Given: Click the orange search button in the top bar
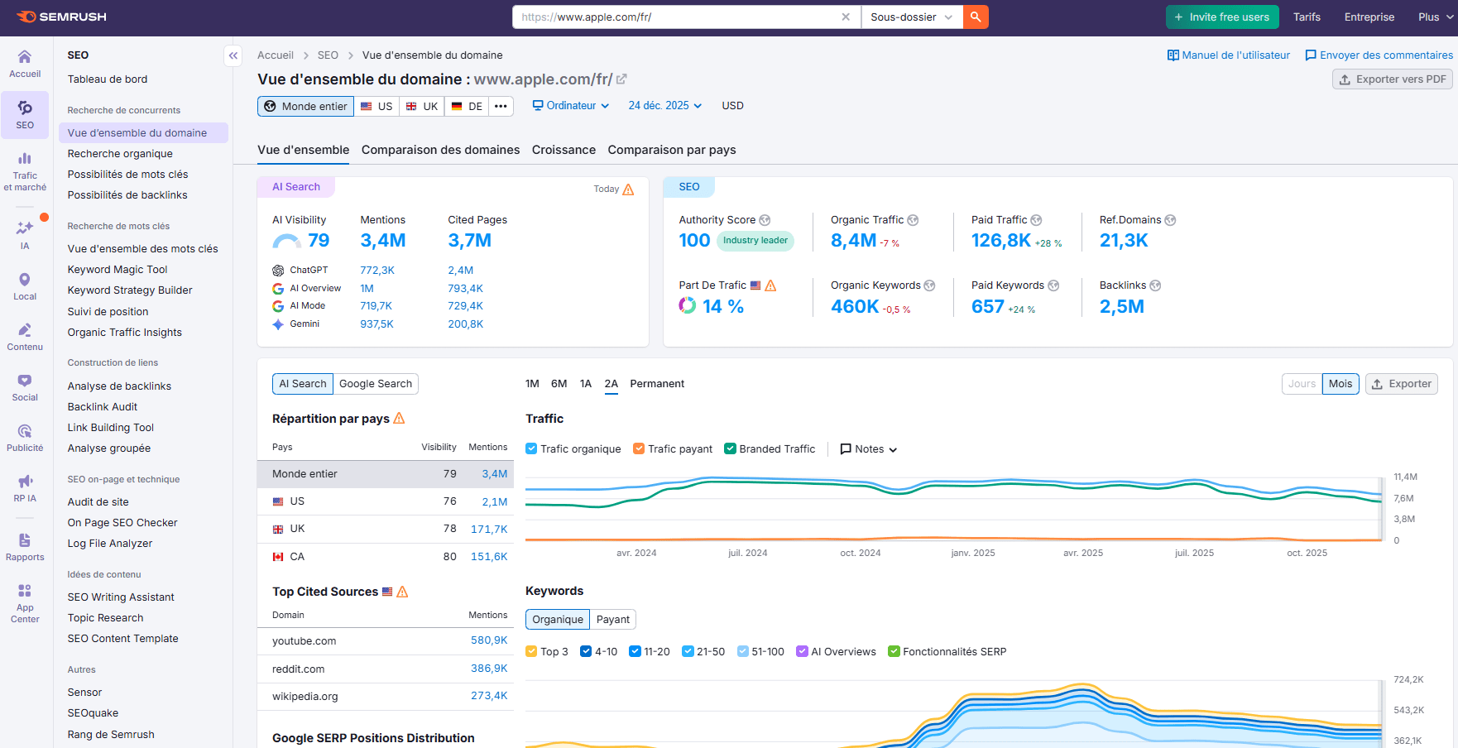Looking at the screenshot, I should tap(976, 17).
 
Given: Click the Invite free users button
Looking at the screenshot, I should tap(1222, 17).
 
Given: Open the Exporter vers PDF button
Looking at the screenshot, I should tap(1393, 79).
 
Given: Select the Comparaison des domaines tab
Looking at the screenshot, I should tap(440, 150).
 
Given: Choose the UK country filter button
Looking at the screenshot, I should tap(422, 106).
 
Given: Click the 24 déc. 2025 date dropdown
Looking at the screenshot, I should tap(664, 106).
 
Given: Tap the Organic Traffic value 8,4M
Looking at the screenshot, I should tap(853, 241).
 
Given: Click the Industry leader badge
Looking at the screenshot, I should tap(755, 241).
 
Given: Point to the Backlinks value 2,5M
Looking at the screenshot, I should tap(1121, 307).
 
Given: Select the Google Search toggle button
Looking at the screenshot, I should tap(376, 384).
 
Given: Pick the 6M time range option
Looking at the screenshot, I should tap(559, 384).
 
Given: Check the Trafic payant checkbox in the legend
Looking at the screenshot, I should tap(639, 449).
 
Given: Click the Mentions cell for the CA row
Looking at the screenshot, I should tap(489, 557).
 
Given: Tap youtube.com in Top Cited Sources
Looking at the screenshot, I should tap(305, 641).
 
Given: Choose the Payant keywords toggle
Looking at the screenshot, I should tap(612, 620).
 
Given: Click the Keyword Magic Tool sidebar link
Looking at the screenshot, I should tap(118, 270).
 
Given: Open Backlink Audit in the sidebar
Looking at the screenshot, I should tap(103, 407).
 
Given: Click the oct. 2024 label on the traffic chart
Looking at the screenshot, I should tap(860, 553).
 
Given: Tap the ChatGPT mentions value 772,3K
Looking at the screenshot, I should tap(377, 271).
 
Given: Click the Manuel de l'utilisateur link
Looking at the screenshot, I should tap(1229, 55).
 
